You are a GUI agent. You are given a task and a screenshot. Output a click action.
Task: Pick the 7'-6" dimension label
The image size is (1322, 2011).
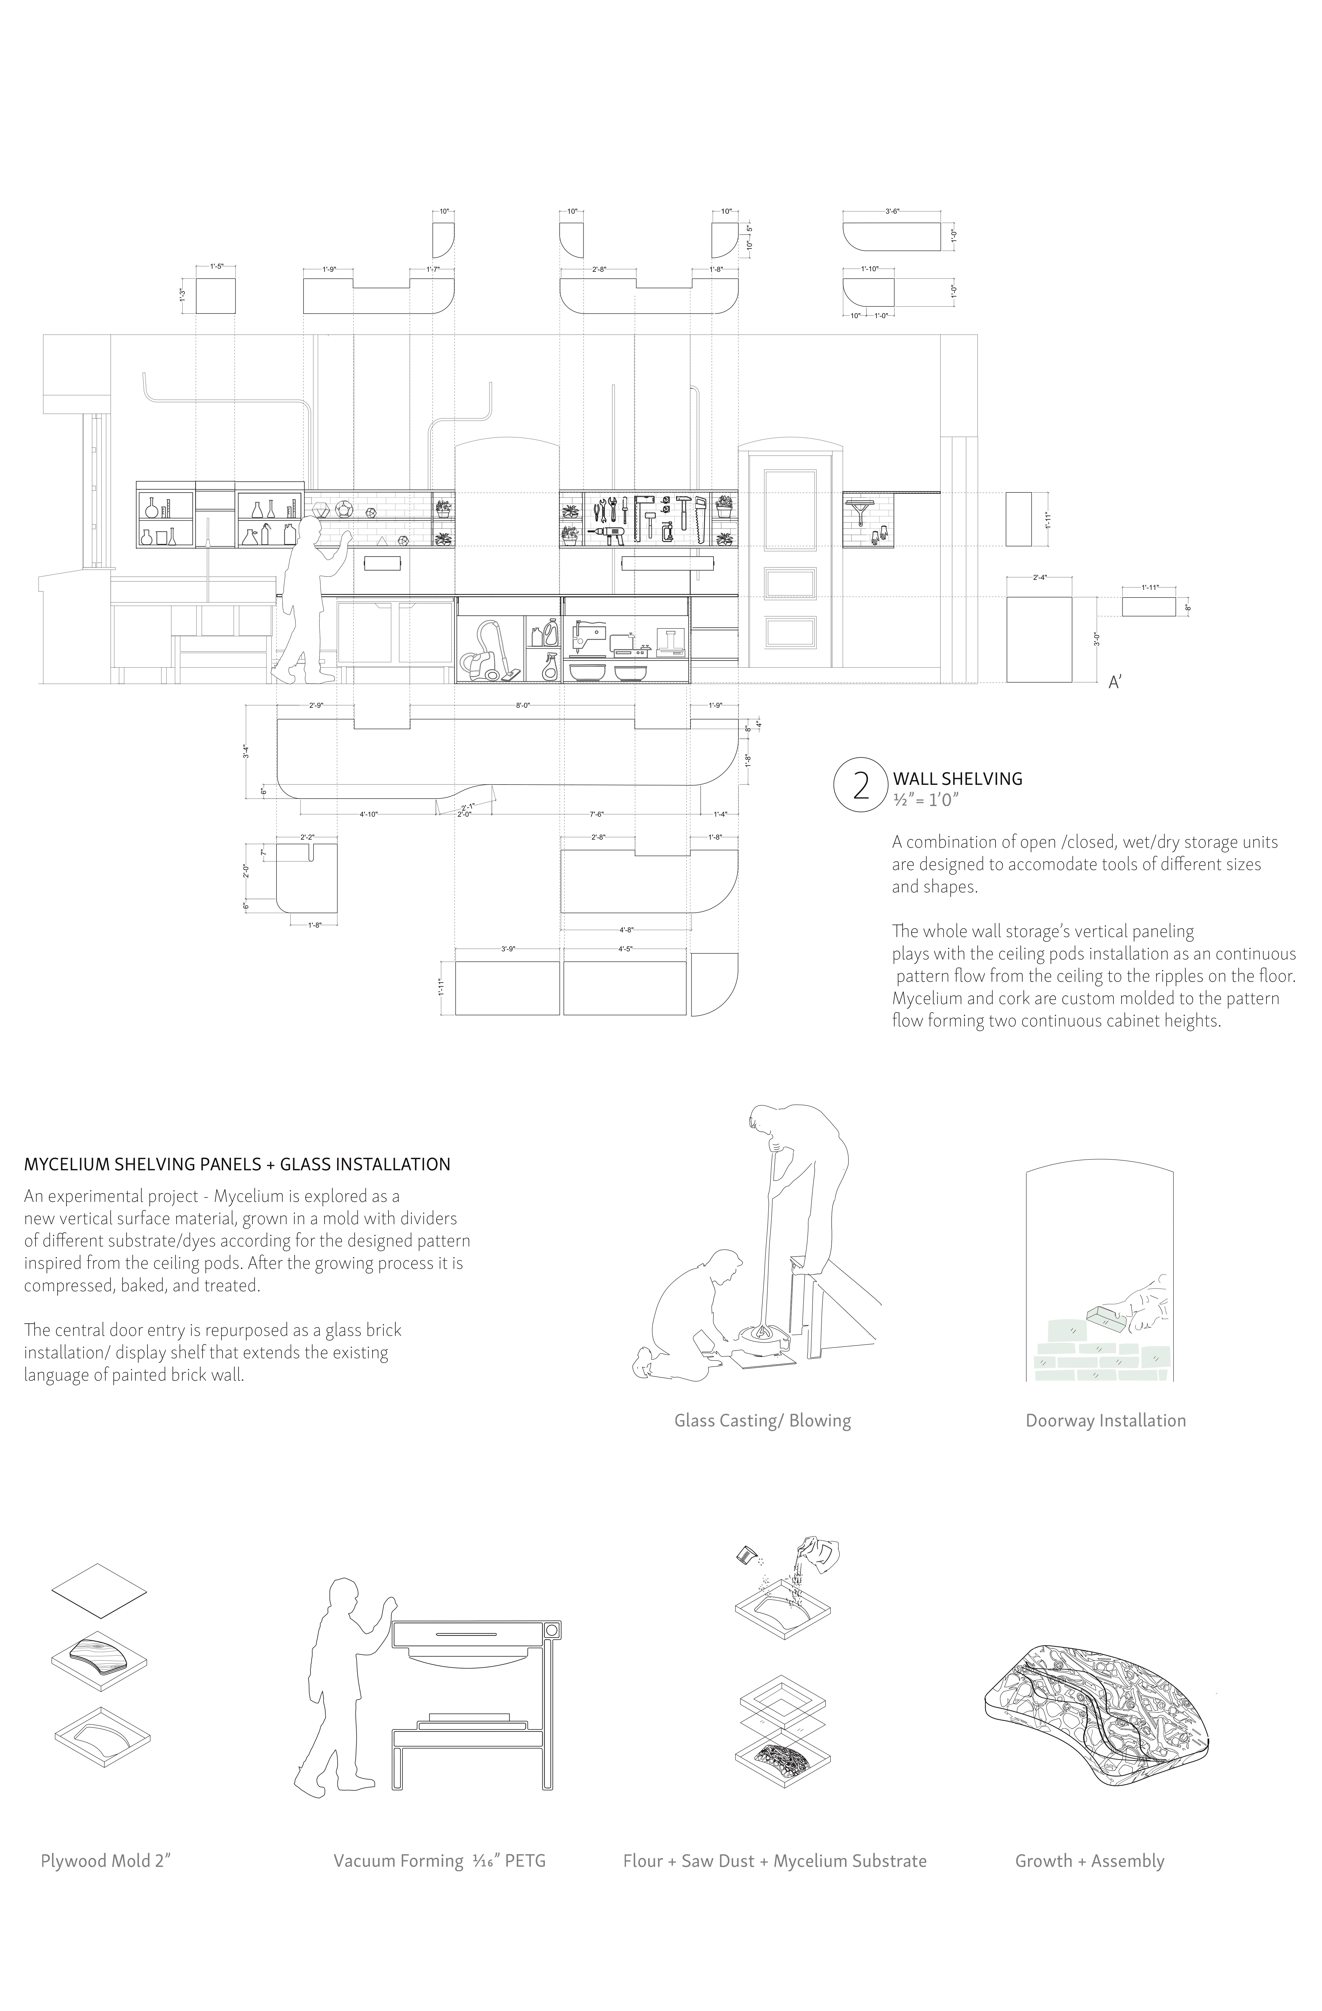596,814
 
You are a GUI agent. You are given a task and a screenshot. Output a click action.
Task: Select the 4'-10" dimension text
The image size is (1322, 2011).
368,814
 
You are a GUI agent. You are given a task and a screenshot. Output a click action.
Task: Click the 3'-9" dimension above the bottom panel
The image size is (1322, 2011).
508,949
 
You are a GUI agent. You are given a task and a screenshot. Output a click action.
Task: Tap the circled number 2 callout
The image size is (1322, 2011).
861,786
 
